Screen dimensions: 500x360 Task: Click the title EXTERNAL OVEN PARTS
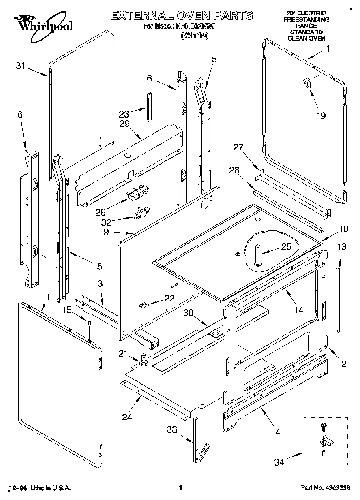[182, 16]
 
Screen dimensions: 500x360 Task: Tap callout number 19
[321, 116]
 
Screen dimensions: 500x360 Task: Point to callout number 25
[286, 247]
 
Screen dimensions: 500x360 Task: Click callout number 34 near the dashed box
[279, 461]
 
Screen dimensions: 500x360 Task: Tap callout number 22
[169, 299]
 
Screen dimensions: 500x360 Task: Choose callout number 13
[342, 246]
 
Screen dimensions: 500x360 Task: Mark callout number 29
[124, 124]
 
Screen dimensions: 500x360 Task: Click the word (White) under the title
[194, 36]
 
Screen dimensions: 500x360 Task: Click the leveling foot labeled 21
[143, 359]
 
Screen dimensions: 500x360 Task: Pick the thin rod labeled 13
[338, 300]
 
